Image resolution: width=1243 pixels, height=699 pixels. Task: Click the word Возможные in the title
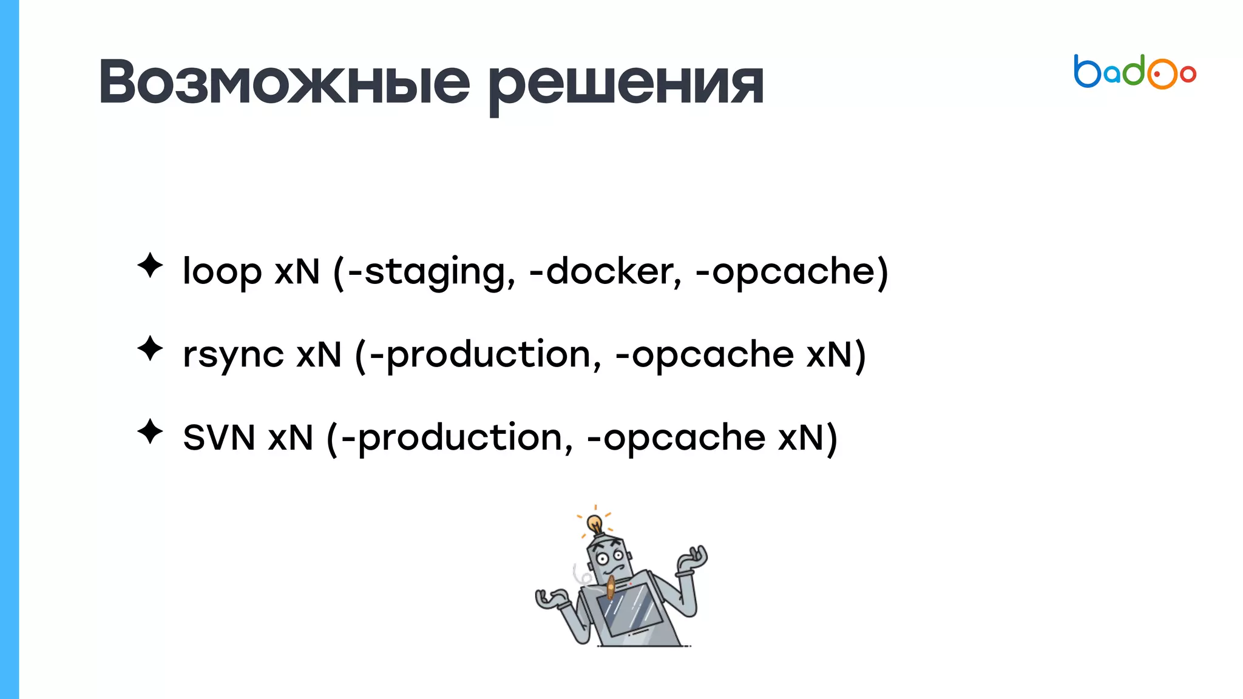[x=284, y=83]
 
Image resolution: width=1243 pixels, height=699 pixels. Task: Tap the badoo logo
[x=1134, y=72]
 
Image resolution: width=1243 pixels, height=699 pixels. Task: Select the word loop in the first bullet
[x=222, y=271]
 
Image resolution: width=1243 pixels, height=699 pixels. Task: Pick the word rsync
[x=233, y=355]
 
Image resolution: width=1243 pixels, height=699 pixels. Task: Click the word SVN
[x=218, y=437]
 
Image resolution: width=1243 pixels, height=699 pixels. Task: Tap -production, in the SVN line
[x=457, y=438]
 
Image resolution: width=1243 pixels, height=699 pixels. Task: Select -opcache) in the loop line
[x=791, y=272]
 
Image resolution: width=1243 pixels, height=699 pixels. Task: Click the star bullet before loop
[x=150, y=266]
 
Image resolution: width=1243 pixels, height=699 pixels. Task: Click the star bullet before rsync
[x=150, y=349]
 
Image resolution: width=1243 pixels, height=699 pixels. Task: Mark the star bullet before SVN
[x=150, y=432]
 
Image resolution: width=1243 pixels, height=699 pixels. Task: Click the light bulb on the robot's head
[x=595, y=522]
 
